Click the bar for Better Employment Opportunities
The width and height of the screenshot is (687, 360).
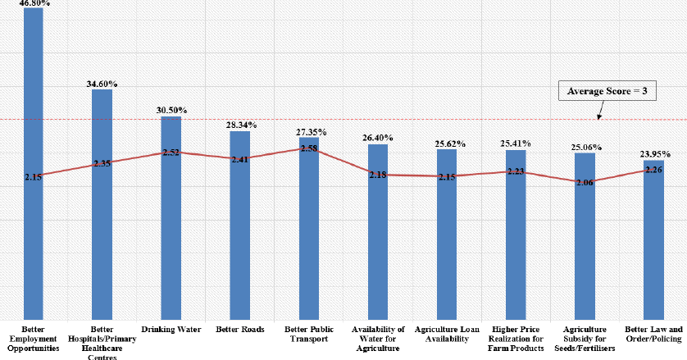coord(33,230)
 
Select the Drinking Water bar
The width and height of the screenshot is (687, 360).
coord(171,238)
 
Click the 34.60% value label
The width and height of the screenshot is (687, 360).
coord(102,84)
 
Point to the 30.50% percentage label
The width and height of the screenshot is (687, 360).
coord(171,111)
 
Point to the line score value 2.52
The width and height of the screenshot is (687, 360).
coord(171,153)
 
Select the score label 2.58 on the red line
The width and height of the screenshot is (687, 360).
coord(309,148)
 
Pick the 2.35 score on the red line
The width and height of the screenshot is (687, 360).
coord(102,164)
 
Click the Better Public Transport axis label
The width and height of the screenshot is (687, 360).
coord(309,334)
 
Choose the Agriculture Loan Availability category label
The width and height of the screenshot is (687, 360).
coord(447,334)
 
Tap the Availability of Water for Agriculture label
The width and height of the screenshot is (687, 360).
coord(378,338)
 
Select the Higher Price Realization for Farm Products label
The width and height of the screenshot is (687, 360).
coord(516,338)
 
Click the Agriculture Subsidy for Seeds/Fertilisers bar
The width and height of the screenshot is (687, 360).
coord(585,246)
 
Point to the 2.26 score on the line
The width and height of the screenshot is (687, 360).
coord(653,171)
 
